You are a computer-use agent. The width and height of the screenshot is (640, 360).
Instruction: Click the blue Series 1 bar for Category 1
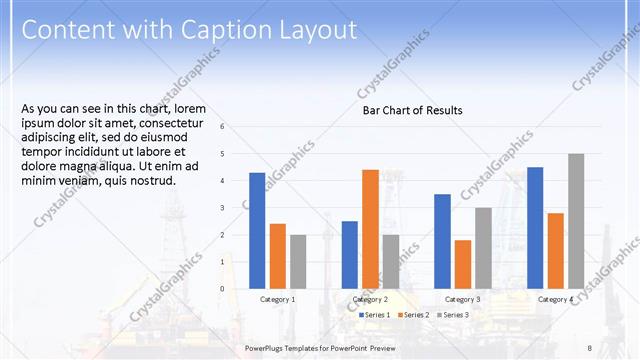coord(257,230)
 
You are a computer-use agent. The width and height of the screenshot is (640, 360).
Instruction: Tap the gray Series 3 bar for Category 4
coord(576,221)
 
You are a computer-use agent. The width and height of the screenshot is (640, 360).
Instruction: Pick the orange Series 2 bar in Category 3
coord(463,264)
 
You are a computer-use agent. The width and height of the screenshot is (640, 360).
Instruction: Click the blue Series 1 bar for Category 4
coord(535,227)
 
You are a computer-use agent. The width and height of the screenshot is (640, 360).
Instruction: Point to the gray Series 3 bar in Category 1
coord(298,261)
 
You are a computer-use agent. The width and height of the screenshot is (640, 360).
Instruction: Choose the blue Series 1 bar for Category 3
coord(442,241)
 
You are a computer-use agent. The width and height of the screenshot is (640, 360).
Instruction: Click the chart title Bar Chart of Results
coord(412,110)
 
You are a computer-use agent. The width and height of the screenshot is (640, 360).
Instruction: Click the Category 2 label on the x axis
coord(370,299)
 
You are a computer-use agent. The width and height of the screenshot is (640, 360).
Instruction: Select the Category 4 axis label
coord(556,299)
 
